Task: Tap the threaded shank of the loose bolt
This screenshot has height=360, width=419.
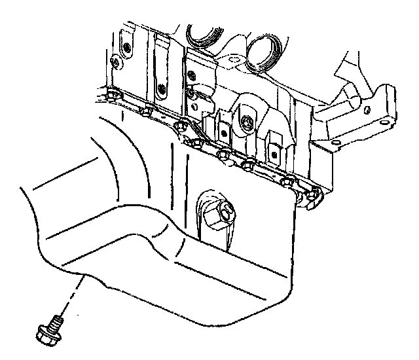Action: point(58,319)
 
